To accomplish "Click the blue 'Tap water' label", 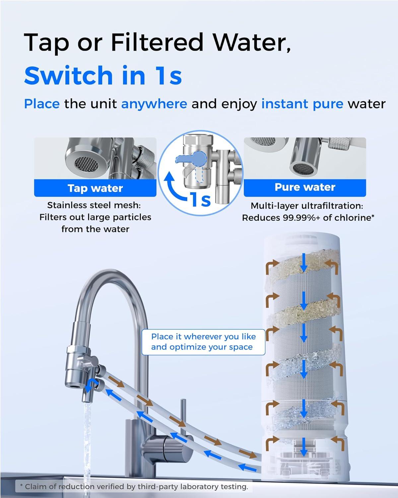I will (95, 188).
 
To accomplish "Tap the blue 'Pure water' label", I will (305, 187).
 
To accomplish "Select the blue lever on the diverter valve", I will (189, 157).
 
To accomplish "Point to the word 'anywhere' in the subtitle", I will (154, 104).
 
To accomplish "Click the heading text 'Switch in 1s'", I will (103, 75).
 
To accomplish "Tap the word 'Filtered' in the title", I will (157, 43).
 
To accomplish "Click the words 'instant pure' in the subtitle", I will (302, 104).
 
